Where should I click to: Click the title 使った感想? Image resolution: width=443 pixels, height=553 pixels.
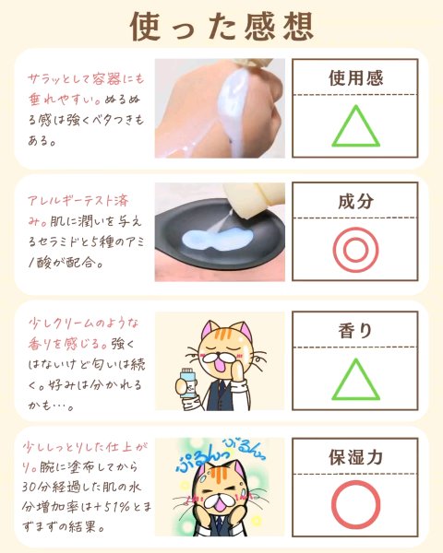tap(221, 27)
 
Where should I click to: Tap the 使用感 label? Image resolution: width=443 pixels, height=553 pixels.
tap(355, 78)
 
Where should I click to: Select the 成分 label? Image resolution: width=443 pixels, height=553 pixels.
tap(355, 201)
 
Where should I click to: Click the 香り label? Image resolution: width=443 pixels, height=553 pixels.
tap(355, 331)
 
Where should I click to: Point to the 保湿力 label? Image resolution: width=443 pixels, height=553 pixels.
tap(355, 457)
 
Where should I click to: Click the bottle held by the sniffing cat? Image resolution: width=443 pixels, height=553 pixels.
tap(188, 383)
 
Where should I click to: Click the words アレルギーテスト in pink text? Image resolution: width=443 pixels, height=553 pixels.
tap(71, 201)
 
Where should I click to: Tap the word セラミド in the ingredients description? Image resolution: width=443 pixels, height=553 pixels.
tap(57, 241)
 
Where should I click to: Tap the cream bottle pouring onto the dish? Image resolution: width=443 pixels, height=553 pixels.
tap(254, 199)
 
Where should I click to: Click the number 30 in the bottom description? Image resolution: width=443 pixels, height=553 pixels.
tap(30, 487)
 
